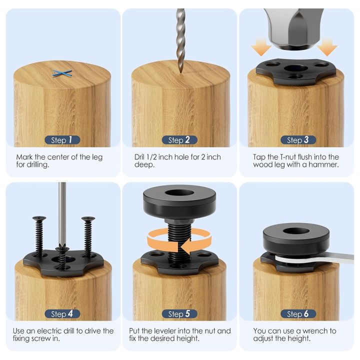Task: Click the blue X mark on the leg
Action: (x=62, y=73)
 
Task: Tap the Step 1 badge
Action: (x=62, y=140)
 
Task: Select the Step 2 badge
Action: (x=179, y=140)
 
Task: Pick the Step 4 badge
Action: (x=62, y=314)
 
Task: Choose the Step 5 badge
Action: (x=179, y=314)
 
